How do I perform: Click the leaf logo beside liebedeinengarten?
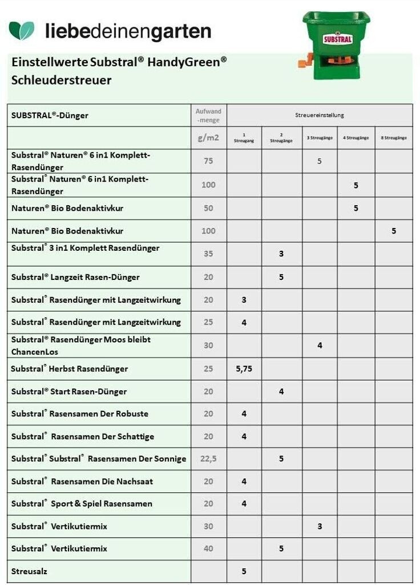click(22, 30)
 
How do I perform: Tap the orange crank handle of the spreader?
click(305, 60)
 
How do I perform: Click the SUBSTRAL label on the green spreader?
click(337, 39)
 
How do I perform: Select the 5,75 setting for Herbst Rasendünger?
click(244, 369)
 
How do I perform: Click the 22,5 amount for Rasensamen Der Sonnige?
click(208, 459)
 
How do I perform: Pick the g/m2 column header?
click(208, 138)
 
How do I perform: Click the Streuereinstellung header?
click(319, 115)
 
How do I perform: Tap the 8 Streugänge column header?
click(394, 138)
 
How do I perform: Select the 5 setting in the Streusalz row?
click(244, 571)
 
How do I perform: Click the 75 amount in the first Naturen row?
click(208, 161)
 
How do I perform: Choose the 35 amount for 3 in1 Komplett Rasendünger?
click(208, 254)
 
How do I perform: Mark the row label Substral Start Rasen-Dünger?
click(69, 391)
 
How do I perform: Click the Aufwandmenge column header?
click(208, 115)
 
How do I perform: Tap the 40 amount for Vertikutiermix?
click(208, 548)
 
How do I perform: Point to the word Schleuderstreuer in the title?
click(62, 80)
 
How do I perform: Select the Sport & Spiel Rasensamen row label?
click(82, 504)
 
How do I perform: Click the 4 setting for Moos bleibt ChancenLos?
click(320, 346)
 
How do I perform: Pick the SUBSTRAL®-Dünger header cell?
click(50, 115)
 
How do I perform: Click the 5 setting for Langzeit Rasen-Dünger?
click(281, 277)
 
